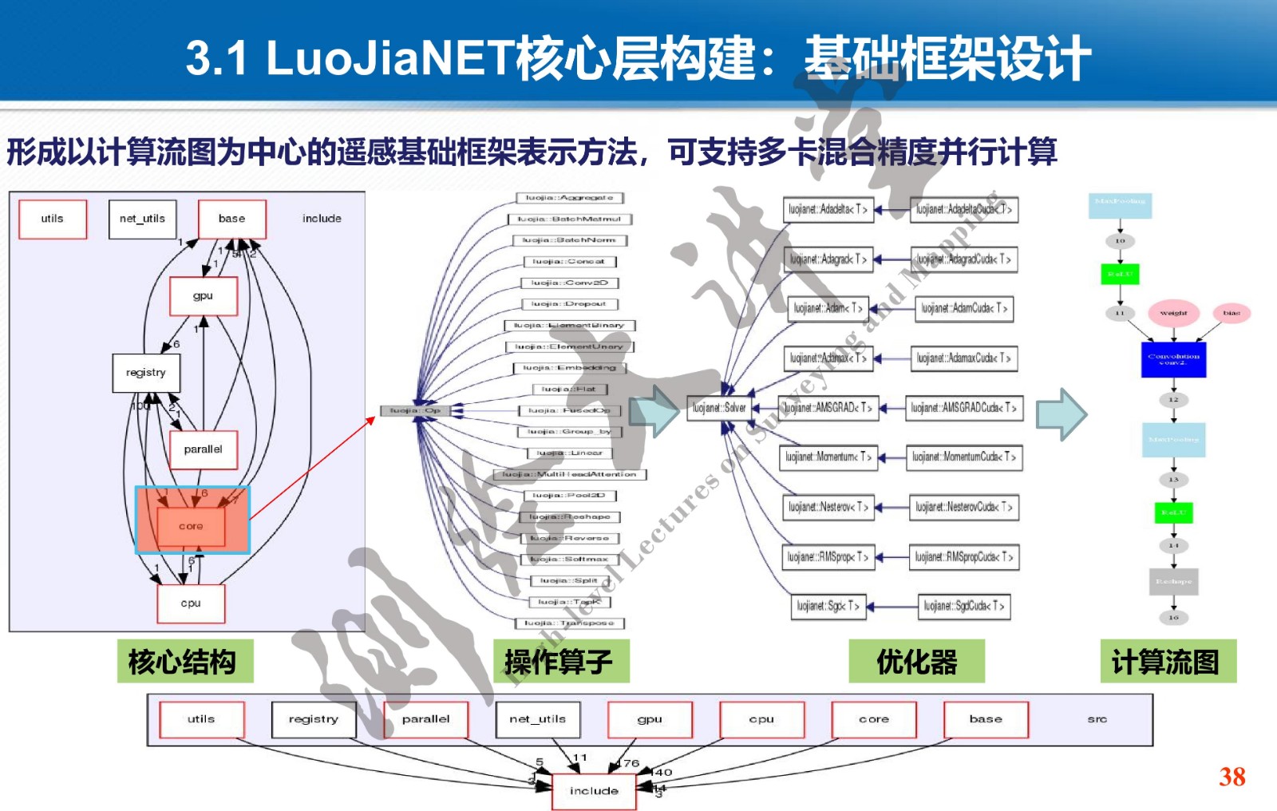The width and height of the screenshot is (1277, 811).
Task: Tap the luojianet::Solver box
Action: click(x=719, y=408)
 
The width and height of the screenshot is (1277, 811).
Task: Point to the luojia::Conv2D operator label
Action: click(x=570, y=283)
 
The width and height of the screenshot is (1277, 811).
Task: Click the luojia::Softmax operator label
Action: click(x=569, y=559)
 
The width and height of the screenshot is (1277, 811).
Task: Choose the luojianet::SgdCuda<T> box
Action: click(x=964, y=606)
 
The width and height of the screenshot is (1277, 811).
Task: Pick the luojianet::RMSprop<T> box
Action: click(x=827, y=556)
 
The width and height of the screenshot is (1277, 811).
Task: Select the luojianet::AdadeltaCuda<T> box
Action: click(x=964, y=209)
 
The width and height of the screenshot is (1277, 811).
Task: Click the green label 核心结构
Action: click(x=184, y=661)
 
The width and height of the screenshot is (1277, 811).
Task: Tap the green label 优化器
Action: click(x=916, y=661)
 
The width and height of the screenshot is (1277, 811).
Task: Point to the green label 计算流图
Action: click(x=1168, y=661)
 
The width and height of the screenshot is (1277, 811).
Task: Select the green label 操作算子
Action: click(x=560, y=661)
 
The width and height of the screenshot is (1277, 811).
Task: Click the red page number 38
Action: click(x=1232, y=776)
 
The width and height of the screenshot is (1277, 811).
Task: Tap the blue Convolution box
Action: click(x=1173, y=359)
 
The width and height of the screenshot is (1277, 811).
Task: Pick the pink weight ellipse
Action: click(x=1173, y=313)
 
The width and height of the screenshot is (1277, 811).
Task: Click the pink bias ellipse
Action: click(x=1232, y=313)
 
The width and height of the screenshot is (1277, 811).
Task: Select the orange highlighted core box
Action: click(x=192, y=526)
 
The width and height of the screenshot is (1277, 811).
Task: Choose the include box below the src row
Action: click(x=594, y=790)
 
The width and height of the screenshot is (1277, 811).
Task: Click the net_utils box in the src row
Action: click(x=537, y=719)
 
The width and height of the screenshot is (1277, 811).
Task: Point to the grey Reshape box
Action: click(x=1173, y=581)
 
